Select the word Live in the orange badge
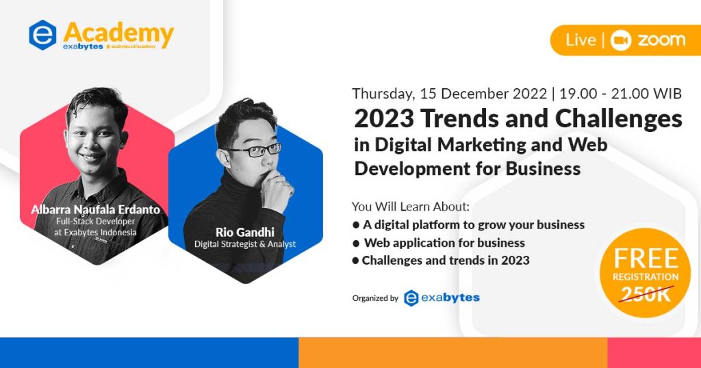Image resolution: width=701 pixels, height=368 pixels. (580, 40)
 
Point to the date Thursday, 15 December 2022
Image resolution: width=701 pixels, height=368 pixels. (448, 94)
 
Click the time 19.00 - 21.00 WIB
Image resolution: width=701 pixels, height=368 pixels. (622, 94)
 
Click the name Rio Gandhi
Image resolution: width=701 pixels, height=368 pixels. (244, 232)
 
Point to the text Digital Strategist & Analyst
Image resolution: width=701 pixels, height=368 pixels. (244, 244)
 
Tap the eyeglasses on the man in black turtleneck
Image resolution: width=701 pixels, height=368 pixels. (253, 150)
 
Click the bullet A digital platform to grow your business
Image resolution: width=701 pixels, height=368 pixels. (472, 224)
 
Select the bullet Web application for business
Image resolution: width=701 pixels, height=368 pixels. (444, 242)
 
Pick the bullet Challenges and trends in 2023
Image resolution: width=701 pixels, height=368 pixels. (445, 260)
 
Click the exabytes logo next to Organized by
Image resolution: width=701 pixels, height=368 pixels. (442, 298)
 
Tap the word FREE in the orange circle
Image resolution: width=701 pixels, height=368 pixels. (646, 259)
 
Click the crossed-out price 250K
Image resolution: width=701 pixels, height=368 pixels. (646, 294)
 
